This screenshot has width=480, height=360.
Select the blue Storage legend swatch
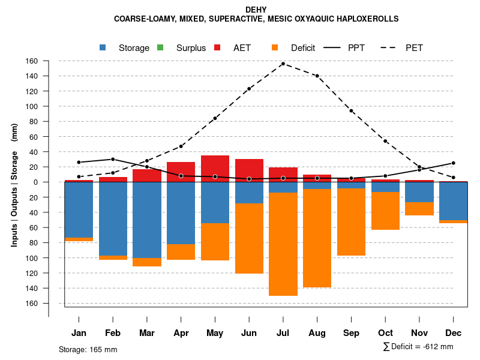[103, 47]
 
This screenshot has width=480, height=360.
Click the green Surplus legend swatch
[160, 47]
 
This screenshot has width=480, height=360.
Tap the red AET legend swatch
[218, 47]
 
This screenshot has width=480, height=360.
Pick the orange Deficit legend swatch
[275, 47]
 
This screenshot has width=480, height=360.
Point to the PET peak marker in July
[283, 64]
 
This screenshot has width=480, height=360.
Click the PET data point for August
[317, 76]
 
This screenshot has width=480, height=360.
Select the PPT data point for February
[113, 159]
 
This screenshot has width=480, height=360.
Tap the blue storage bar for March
[147, 220]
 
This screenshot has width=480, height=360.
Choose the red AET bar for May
[215, 169]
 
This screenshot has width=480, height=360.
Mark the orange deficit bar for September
[352, 222]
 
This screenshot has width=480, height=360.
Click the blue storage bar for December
[454, 201]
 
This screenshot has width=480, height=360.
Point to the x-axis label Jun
[249, 333]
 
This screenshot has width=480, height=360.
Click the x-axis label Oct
[386, 333]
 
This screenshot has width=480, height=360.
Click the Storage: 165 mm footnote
[88, 349]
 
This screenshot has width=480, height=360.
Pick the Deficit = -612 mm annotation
[418, 347]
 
